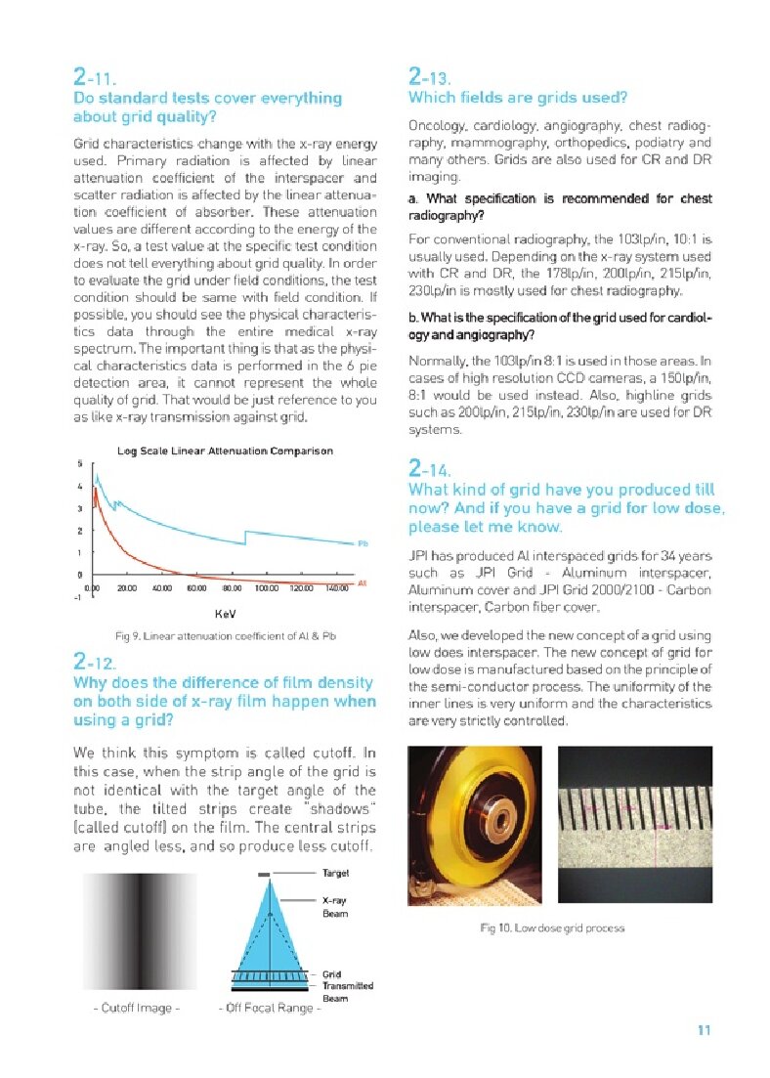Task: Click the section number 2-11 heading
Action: click(95, 77)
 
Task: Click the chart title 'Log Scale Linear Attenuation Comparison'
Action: click(225, 451)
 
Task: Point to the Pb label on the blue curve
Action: click(362, 543)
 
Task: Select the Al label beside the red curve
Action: click(362, 582)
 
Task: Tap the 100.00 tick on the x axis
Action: click(267, 588)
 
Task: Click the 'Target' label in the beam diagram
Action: click(335, 872)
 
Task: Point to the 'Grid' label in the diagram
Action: click(331, 974)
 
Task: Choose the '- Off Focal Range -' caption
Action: click(270, 1008)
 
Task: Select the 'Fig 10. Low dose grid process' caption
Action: click(552, 927)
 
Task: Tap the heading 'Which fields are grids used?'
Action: click(517, 98)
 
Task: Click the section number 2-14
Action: click(430, 470)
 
